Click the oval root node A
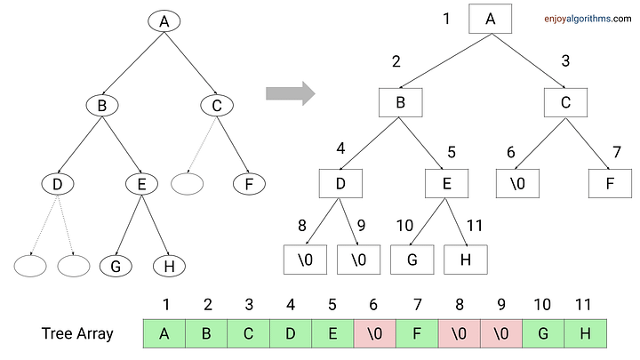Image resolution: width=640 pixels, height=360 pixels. (x=164, y=20)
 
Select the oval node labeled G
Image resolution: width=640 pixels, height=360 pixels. (x=115, y=265)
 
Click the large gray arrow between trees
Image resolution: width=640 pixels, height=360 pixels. (x=291, y=92)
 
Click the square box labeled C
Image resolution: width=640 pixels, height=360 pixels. (x=565, y=102)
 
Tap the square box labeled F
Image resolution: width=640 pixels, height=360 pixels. (x=610, y=185)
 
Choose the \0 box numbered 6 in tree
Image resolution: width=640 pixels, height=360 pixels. (x=518, y=185)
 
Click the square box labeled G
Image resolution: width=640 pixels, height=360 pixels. (x=412, y=260)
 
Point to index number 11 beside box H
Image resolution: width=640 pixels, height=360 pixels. (x=474, y=226)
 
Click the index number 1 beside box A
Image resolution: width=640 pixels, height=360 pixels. (x=447, y=18)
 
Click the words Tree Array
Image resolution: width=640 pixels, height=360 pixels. (x=76, y=333)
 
